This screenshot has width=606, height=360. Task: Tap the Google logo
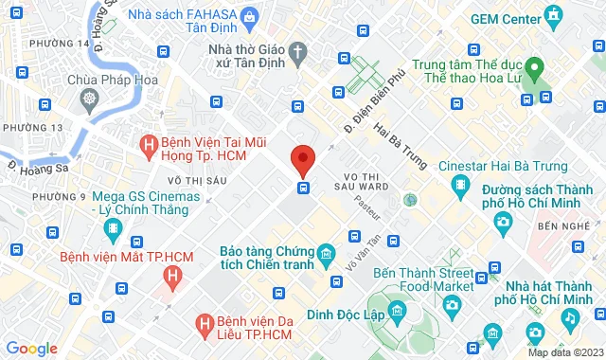pyautogui.click(x=31, y=348)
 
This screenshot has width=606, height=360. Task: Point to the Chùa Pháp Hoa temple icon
pyautogui.click(x=89, y=98)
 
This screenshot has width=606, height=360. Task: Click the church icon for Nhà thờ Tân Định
pyautogui.click(x=298, y=50)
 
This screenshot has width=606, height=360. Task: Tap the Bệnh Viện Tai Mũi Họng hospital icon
pyautogui.click(x=148, y=145)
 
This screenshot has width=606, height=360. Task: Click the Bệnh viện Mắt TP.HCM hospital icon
pyautogui.click(x=171, y=277)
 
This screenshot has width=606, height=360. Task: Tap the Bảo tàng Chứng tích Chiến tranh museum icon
pyautogui.click(x=327, y=253)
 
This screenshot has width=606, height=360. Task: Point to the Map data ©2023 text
pyautogui.click(x=564, y=352)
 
